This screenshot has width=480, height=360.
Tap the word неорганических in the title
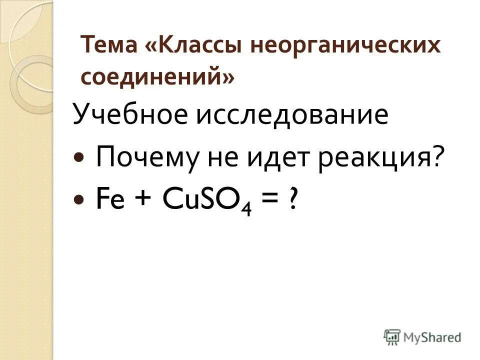350,46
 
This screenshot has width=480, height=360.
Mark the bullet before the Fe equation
79,199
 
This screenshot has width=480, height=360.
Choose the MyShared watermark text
433,337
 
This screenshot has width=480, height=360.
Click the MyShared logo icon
391,336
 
